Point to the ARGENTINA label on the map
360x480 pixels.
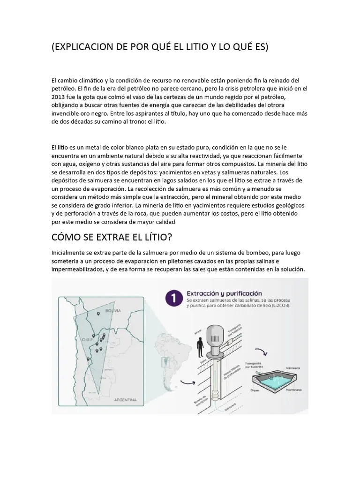pos(125,400)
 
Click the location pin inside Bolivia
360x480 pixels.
pos(99,314)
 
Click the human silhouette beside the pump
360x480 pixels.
pos(200,349)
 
